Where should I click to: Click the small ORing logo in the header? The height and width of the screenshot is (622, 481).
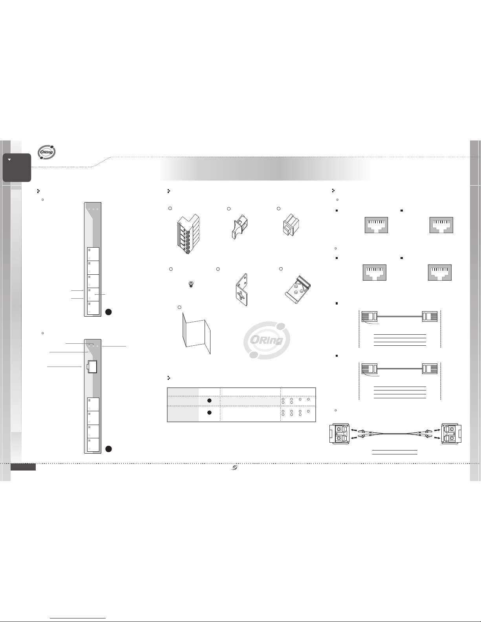click(47, 153)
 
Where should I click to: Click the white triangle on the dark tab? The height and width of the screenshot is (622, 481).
click(9, 160)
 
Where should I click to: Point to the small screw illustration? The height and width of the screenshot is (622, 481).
click(192, 284)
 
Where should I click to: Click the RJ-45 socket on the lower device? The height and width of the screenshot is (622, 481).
click(93, 367)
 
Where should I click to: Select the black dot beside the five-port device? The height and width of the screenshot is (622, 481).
click(109, 312)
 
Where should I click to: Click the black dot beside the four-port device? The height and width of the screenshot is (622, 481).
click(109, 449)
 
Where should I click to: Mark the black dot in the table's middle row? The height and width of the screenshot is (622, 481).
click(209, 401)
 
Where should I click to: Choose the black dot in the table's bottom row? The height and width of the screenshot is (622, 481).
click(209, 412)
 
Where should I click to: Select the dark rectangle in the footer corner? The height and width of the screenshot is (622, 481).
click(23, 467)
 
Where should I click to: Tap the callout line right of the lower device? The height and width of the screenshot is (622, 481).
click(114, 346)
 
